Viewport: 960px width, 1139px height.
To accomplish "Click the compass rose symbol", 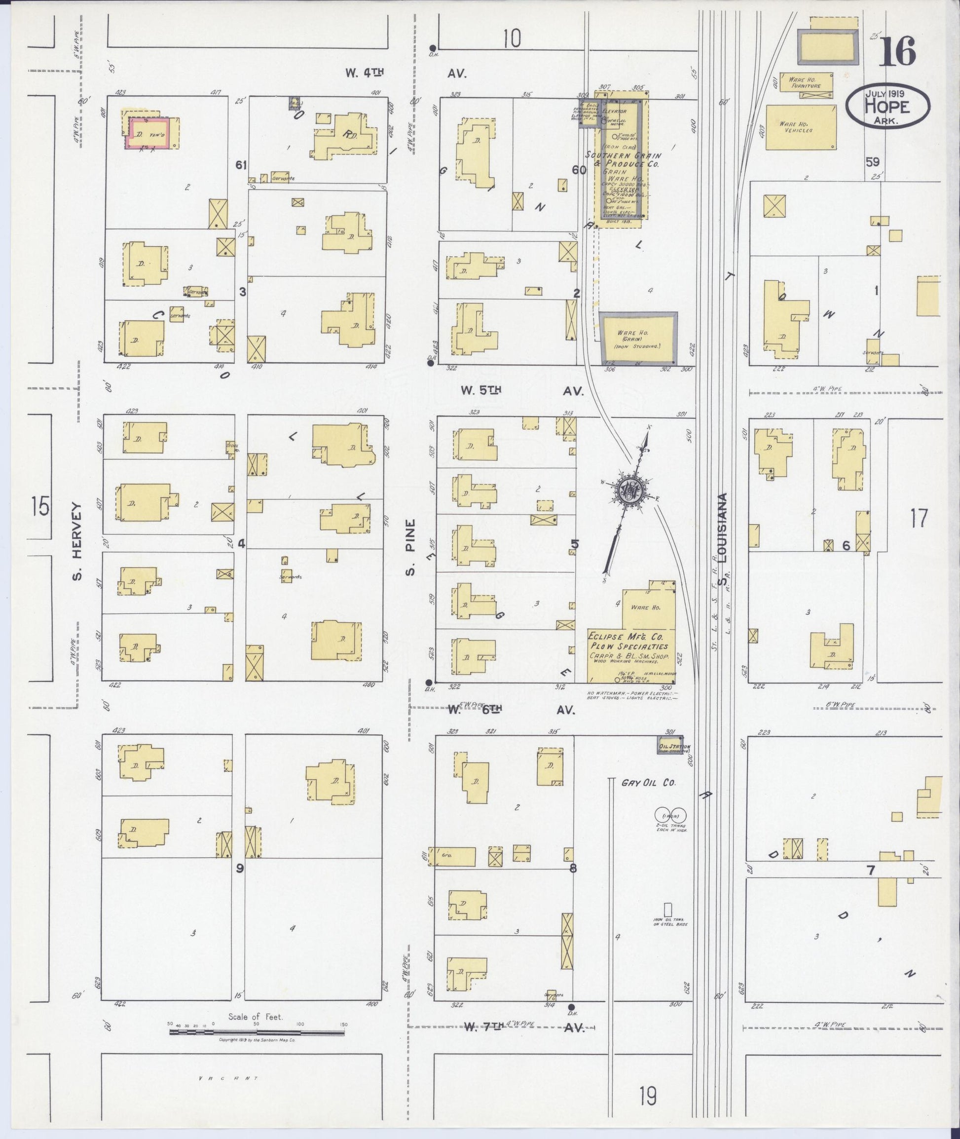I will coord(632,491).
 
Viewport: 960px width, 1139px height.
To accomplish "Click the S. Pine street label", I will coord(411,547).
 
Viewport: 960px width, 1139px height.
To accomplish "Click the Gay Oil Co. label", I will coord(648,783).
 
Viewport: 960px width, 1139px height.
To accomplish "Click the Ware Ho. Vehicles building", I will coord(801,127).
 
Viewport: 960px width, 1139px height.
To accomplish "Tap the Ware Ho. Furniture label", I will coord(806,83).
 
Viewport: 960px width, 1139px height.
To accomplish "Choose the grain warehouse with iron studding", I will coord(638,338).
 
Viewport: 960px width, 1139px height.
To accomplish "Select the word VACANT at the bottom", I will coord(228,1078).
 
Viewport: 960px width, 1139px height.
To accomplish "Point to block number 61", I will coord(241,164).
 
